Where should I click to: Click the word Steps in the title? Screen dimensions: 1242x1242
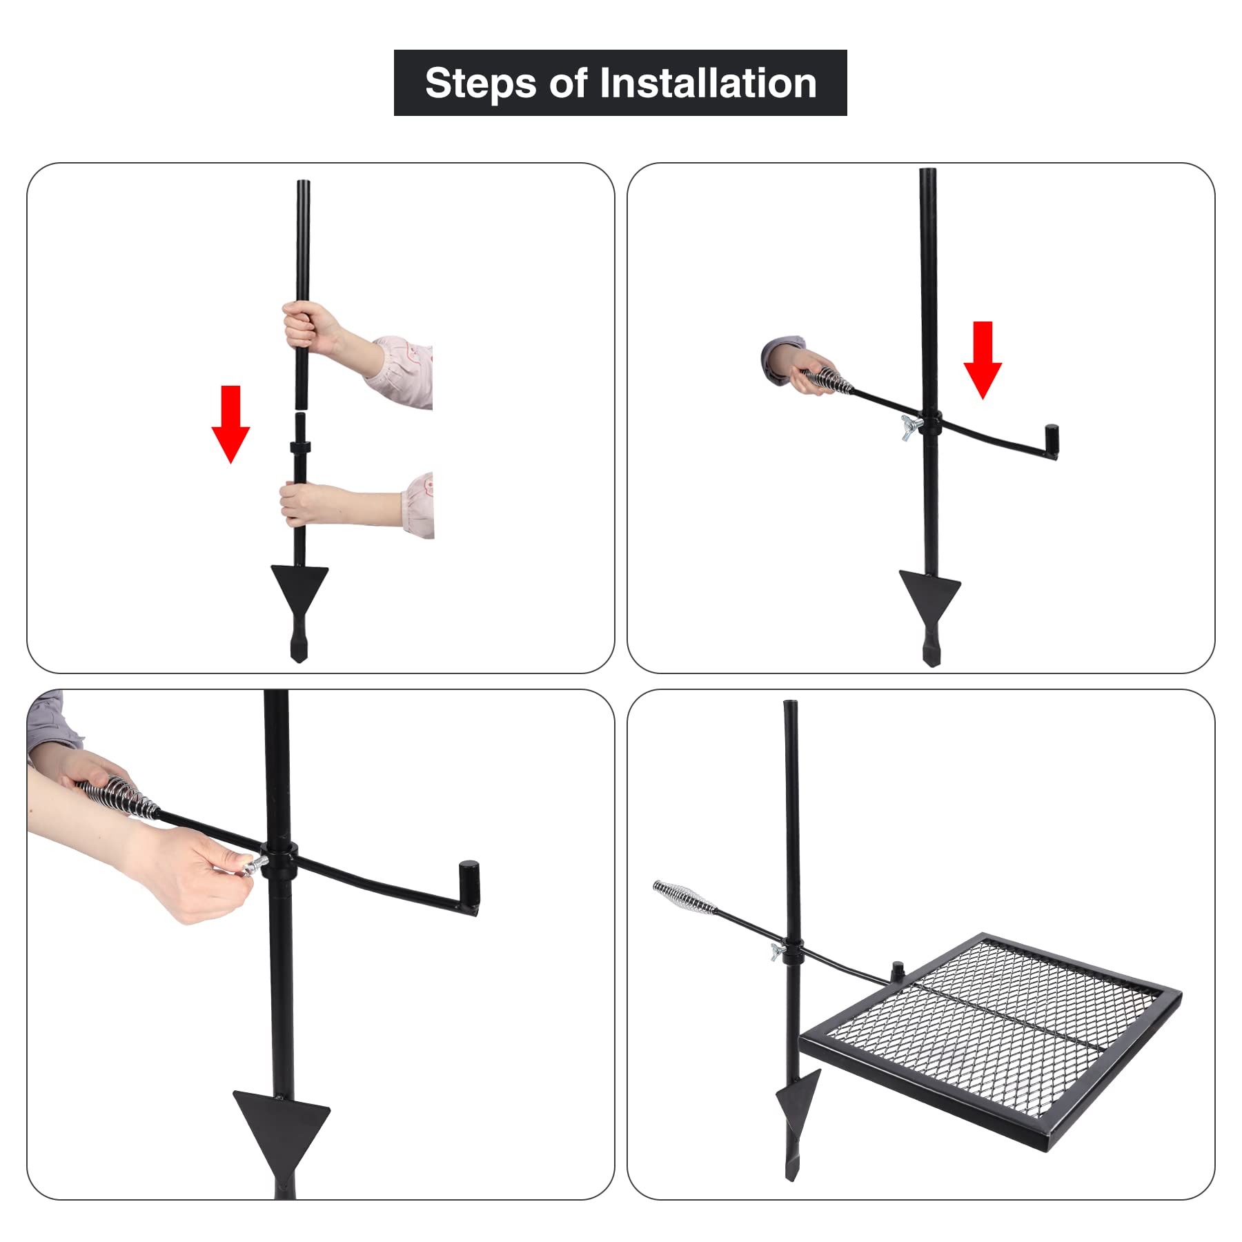480,83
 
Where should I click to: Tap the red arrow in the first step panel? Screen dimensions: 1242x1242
230,424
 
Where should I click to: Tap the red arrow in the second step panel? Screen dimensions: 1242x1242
983,360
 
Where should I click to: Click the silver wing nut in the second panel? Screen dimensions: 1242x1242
911,428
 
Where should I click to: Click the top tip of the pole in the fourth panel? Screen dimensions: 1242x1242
790,702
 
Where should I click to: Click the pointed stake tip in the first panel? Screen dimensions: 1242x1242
299,659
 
